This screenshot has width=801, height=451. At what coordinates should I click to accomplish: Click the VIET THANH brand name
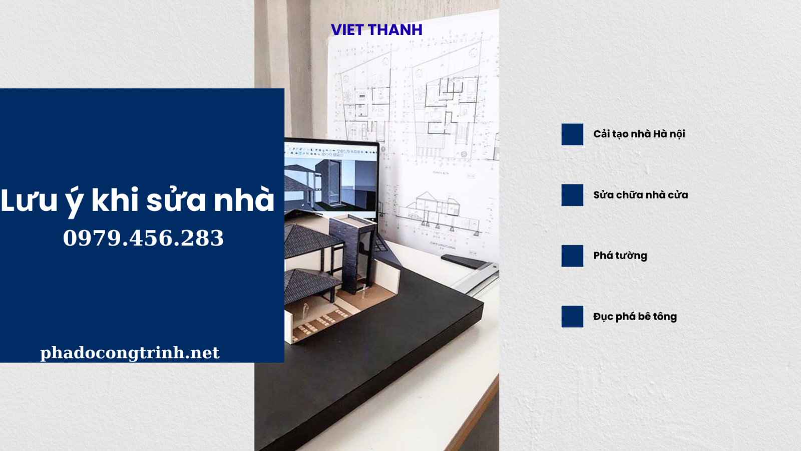376,30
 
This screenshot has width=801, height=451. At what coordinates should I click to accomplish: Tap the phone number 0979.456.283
143,238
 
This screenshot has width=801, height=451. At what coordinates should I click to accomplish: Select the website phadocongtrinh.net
130,353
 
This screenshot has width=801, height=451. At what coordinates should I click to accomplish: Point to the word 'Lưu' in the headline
29,200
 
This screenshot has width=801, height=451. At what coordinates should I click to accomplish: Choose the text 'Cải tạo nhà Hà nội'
639,134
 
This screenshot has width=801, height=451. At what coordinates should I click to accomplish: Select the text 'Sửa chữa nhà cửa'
640,195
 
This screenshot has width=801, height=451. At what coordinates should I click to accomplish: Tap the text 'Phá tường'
620,256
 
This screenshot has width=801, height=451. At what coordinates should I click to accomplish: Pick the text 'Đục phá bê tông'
635,316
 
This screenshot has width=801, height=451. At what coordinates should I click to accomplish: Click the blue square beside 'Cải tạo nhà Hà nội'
572,134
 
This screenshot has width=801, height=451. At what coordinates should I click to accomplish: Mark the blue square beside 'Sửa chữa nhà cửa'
572,195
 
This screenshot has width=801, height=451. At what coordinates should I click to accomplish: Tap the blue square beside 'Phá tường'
572,256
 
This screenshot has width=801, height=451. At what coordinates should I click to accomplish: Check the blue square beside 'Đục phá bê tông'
572,316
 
